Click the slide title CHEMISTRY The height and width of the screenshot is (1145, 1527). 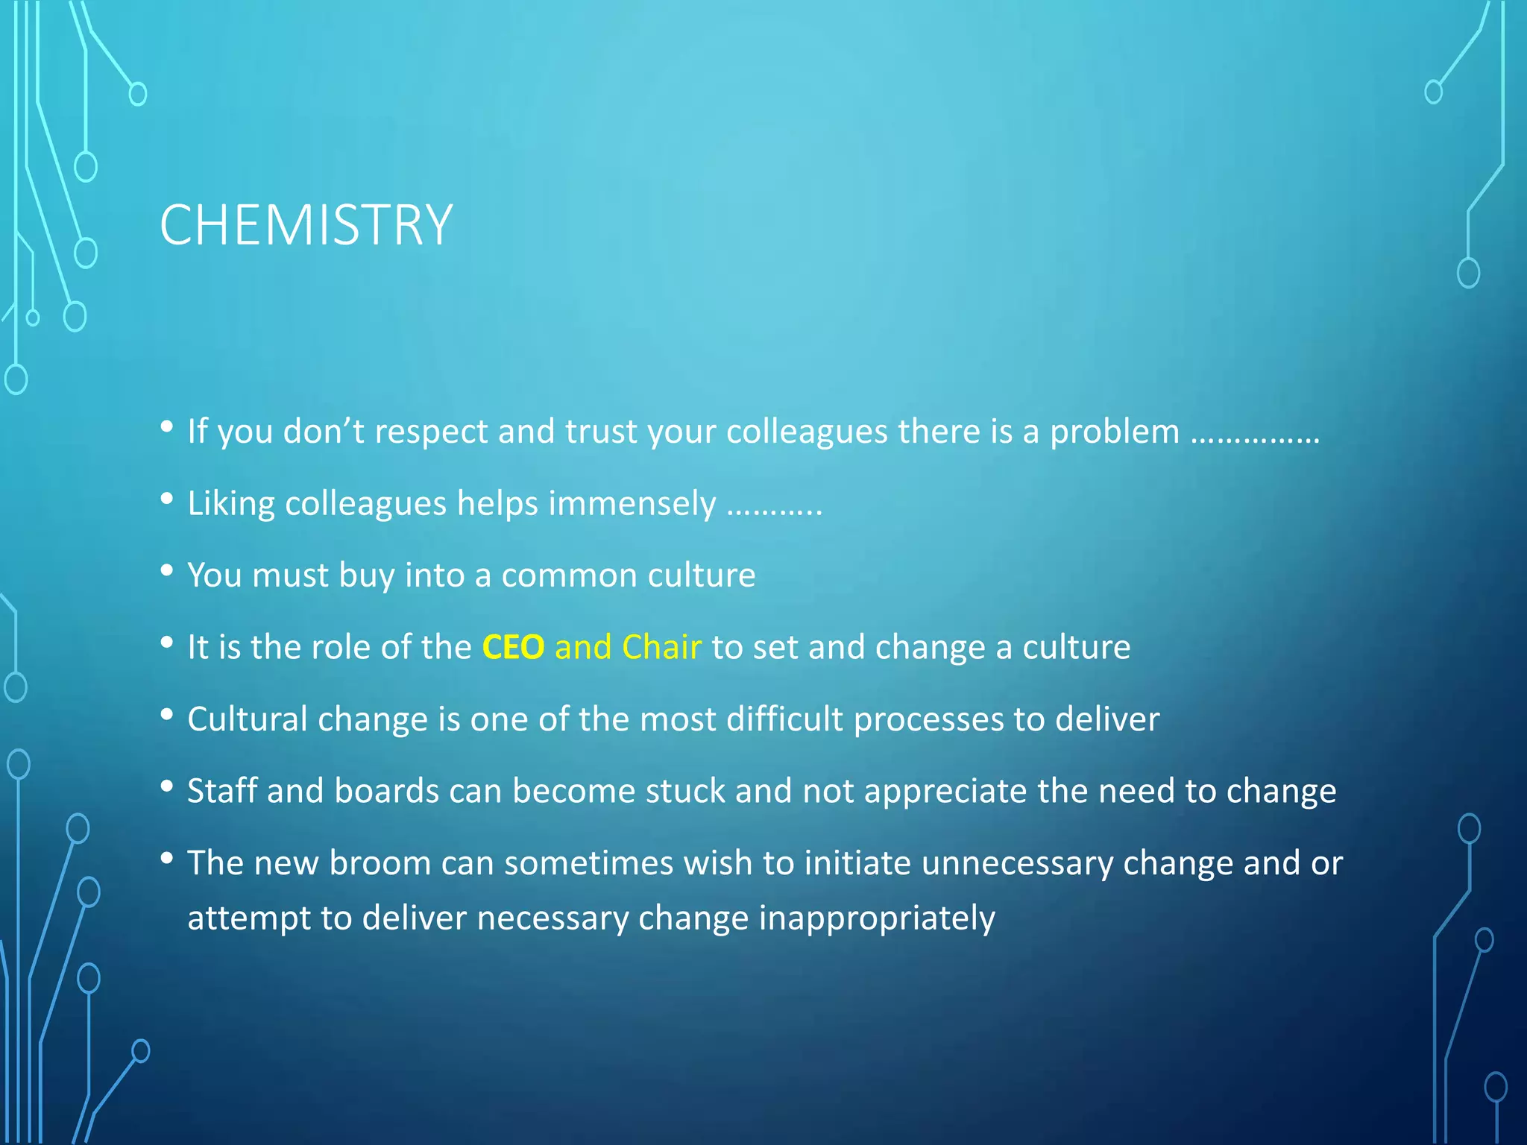[306, 225]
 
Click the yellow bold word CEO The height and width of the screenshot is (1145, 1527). [513, 647]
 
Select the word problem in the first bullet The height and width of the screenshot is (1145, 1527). [1114, 432]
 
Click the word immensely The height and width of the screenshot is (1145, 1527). [632, 504]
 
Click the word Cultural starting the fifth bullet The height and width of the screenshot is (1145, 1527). [247, 719]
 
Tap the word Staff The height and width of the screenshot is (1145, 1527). [221, 791]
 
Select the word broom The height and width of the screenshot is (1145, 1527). [380, 863]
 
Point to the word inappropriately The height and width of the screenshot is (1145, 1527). [876, 918]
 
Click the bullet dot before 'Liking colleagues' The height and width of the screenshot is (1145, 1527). [167, 498]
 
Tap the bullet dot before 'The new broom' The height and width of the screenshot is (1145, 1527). [167, 858]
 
